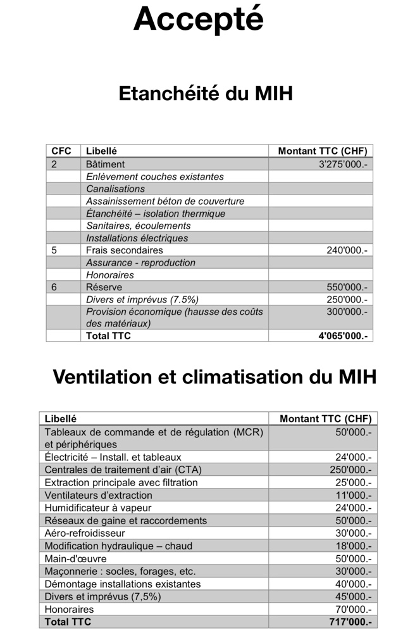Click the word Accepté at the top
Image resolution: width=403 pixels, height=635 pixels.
pos(198,19)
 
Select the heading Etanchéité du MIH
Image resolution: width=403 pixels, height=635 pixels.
pos(206,94)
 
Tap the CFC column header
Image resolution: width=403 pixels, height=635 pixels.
pos(61,151)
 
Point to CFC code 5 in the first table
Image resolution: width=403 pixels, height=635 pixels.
pos(54,250)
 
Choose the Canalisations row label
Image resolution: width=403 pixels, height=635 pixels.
pos(116,189)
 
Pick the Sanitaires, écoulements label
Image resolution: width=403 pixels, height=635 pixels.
pos(138,226)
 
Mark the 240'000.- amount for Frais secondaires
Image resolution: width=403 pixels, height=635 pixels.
pos(347,250)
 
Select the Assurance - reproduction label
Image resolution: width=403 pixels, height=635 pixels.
pos(140,262)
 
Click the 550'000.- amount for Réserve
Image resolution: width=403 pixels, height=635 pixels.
pos(347,287)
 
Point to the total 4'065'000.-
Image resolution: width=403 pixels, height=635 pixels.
pos(343,336)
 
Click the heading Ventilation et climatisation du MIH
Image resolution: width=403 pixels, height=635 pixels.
pos(214,376)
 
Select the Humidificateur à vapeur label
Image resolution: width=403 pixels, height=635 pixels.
pos(97,508)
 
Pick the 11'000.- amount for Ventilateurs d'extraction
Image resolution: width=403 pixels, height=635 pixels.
pos(353,495)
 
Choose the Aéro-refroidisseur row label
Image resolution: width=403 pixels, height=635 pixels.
pos(85,533)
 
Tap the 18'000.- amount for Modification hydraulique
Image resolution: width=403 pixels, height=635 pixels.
pos(353,546)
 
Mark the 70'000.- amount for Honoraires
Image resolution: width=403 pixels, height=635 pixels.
pos(353,609)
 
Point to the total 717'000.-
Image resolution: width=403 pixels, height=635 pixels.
pos(350,622)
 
